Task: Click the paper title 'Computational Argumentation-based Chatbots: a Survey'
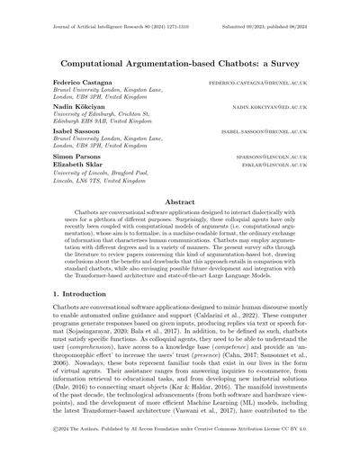[x=180, y=65]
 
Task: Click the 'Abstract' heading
[x=180, y=204]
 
